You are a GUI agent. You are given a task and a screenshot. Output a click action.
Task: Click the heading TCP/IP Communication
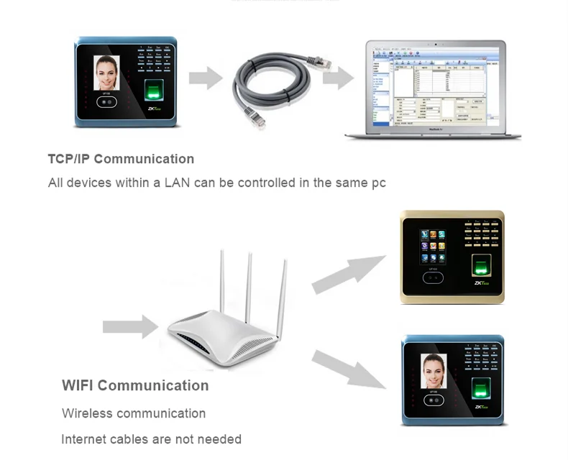pyautogui.click(x=121, y=159)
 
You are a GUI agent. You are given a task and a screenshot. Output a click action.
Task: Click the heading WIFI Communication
pyautogui.click(x=135, y=385)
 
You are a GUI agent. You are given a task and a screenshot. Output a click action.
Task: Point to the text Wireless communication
pyautogui.click(x=134, y=413)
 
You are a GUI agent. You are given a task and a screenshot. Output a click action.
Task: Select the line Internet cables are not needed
pyautogui.click(x=151, y=439)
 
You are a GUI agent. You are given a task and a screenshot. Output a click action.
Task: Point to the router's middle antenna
pyautogui.click(x=248, y=287)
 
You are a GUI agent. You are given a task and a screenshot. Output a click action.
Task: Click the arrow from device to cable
pyautogui.click(x=205, y=77)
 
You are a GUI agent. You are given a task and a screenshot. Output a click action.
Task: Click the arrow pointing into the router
pyautogui.click(x=129, y=327)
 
